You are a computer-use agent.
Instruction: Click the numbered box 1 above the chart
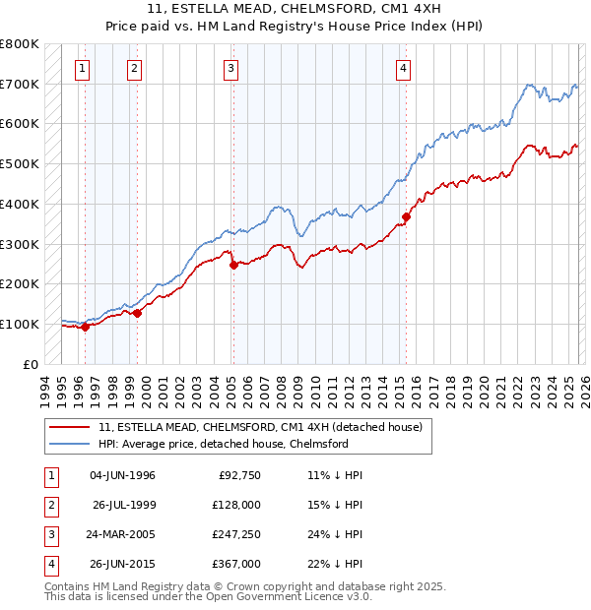coord(81,68)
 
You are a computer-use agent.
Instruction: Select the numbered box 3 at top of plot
coord(230,68)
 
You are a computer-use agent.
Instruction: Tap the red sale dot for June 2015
coord(406,216)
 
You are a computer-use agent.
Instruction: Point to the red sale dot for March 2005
coord(233,265)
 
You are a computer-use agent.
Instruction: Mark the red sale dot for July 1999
coord(137,313)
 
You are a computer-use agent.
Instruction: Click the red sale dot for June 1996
coord(85,328)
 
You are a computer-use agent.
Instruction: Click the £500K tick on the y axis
coord(19,164)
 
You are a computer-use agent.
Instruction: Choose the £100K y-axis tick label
coord(19,324)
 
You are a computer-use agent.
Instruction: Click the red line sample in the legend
coord(70,427)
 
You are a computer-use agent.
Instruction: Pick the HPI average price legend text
coord(224,444)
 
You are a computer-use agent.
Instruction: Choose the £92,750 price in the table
coord(237,475)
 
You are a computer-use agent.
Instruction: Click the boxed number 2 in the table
coord(49,505)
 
